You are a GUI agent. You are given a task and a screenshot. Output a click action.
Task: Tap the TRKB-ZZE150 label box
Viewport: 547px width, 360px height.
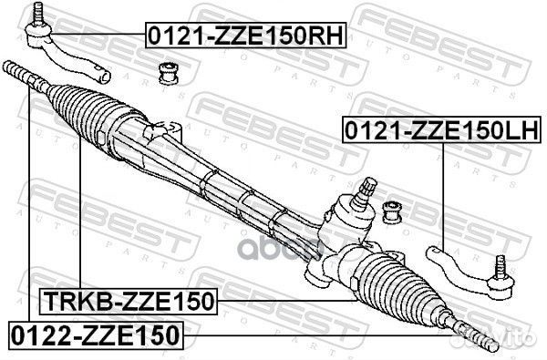click(x=127, y=302)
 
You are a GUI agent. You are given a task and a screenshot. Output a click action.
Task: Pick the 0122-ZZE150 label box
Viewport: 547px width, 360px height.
click(x=96, y=334)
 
